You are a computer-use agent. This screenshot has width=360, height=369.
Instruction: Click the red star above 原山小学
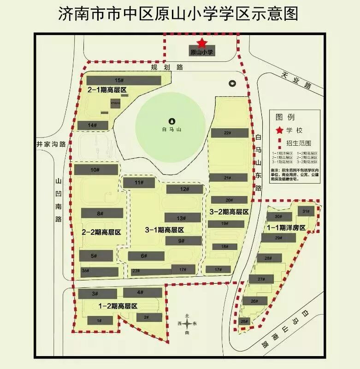tap(201, 44)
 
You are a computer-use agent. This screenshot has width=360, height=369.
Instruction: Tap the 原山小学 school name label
tap(201, 53)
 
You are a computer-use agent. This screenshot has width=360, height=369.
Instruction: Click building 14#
tap(93, 125)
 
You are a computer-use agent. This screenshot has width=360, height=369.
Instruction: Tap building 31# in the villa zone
tap(306, 211)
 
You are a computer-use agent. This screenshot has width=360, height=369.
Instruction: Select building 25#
tap(245, 321)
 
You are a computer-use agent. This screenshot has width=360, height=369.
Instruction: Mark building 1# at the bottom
tap(99, 320)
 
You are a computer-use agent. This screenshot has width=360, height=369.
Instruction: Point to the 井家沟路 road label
tap(51, 143)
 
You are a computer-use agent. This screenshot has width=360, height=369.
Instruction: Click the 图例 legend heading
tap(285, 117)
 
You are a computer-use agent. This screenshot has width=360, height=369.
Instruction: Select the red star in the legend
tap(279, 130)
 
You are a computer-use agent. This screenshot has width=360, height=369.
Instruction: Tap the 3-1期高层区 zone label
tap(164, 230)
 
